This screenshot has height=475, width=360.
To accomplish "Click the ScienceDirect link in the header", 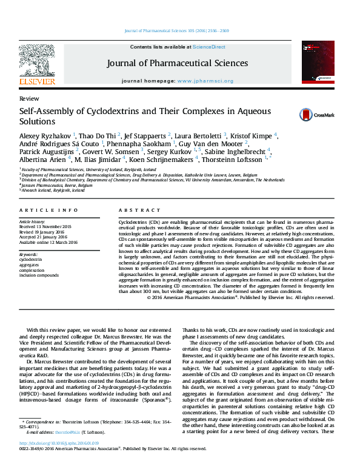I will [x=209, y=47].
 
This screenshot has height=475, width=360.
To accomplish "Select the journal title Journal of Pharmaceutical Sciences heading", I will [x=177, y=63].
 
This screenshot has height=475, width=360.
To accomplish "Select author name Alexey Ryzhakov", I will [x=45, y=135].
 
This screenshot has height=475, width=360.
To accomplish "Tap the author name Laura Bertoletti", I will [x=198, y=135].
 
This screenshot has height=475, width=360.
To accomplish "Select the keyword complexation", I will [x=34, y=271].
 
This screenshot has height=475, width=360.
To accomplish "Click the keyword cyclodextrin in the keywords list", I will [x=34, y=260].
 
